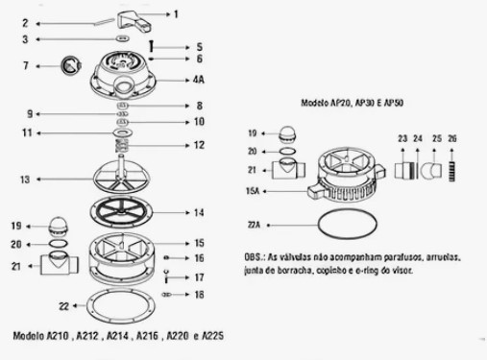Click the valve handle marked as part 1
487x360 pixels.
tap(133, 21)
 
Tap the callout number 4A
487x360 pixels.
tap(199, 80)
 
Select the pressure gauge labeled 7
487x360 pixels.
tap(71, 65)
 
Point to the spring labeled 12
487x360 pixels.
tap(122, 146)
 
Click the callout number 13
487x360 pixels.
tap(25, 180)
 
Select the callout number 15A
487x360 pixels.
tap(253, 191)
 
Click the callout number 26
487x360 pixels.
tap(452, 138)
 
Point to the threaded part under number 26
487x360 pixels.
tap(451, 172)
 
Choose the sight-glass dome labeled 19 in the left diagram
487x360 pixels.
tap(58, 226)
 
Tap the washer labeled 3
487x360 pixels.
tap(122, 38)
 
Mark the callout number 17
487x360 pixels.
tap(199, 277)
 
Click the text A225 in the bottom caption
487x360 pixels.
tap(213, 336)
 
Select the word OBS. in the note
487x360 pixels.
tap(255, 257)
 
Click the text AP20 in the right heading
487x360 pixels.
tap(340, 103)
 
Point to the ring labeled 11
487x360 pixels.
tap(123, 132)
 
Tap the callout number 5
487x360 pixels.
tap(200, 47)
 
